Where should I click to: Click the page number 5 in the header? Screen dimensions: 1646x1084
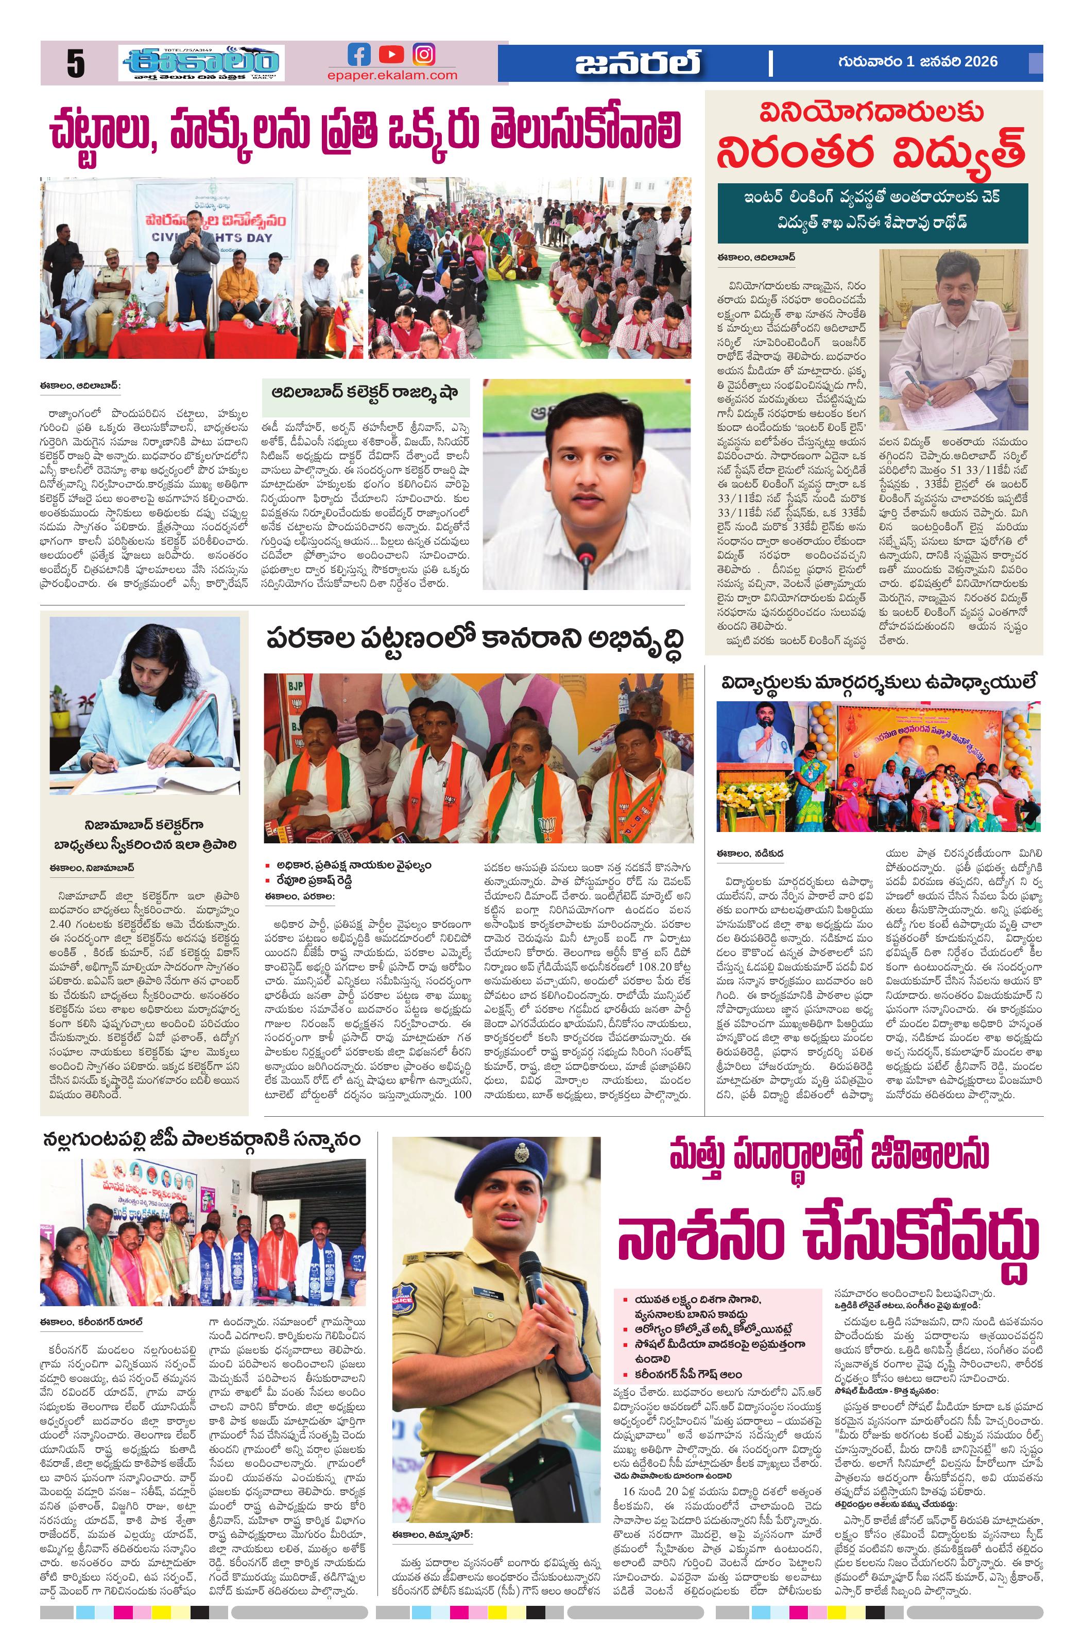pyautogui.click(x=75, y=64)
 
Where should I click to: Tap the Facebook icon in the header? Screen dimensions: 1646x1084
pyautogui.click(x=358, y=54)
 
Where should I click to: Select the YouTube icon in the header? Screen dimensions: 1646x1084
pyautogui.click(x=391, y=54)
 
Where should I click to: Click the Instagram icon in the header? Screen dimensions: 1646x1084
pyautogui.click(x=423, y=54)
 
